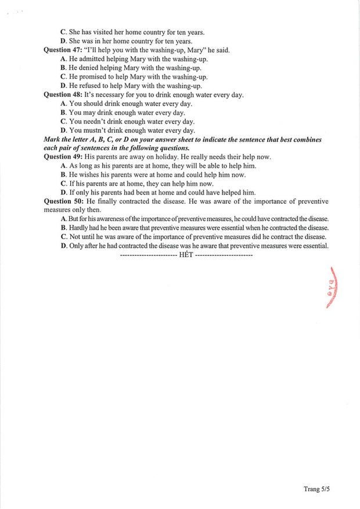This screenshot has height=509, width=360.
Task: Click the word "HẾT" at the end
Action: pos(185,255)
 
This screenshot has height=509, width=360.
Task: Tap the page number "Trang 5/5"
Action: pos(316,489)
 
